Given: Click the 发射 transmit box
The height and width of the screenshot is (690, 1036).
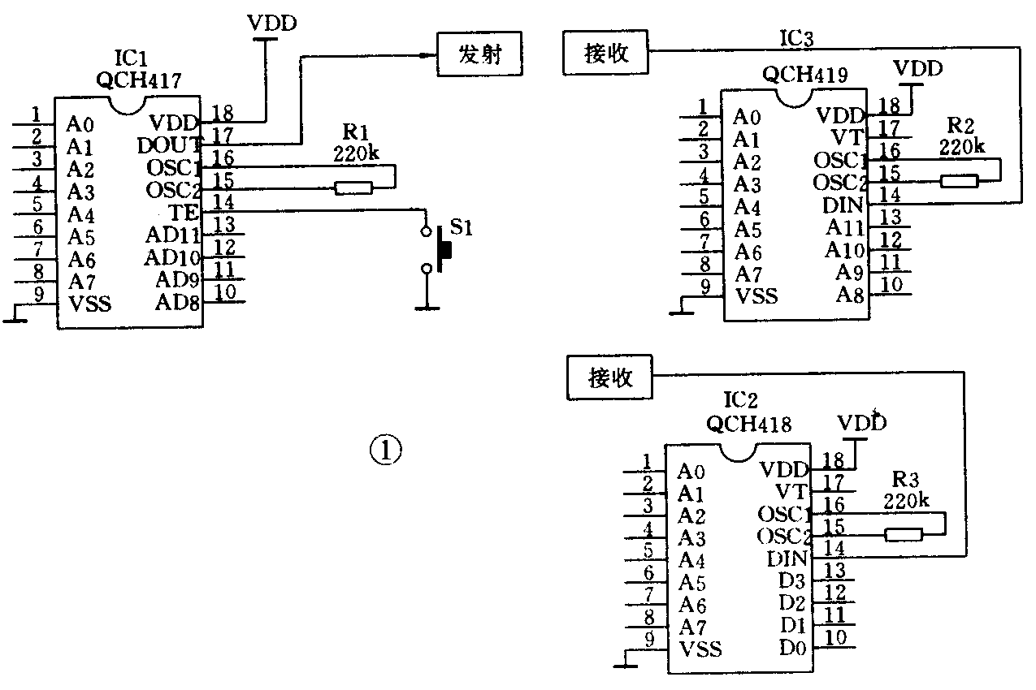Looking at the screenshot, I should (479, 54).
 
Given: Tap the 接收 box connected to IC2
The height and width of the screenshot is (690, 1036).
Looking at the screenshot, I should (610, 377).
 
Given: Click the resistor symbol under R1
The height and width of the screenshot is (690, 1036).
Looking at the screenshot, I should (354, 188).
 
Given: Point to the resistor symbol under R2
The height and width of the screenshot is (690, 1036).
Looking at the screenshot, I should (959, 180).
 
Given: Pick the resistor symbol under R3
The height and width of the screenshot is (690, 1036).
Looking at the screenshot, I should (903, 534).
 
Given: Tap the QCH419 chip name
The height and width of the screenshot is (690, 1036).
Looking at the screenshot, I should (805, 75).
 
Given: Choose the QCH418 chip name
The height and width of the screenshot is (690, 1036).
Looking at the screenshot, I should (748, 423).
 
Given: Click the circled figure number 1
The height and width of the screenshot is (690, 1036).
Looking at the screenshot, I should (386, 450).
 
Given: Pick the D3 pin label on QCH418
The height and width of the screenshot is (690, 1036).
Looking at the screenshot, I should (792, 581).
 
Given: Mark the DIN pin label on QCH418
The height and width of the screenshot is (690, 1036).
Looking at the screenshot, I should (787, 559).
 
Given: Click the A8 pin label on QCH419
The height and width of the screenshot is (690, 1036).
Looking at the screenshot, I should (850, 295).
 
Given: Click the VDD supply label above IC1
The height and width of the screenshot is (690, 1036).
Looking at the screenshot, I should (272, 23).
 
